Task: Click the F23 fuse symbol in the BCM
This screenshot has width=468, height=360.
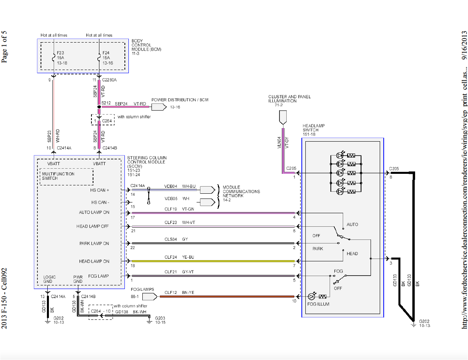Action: click(53, 58)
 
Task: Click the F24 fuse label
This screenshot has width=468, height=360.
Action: click(106, 53)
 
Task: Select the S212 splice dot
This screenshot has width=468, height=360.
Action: click(99, 107)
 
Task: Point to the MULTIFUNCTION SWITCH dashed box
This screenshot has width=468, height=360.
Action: click(67, 177)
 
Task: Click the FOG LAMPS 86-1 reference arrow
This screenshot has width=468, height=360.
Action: click(149, 297)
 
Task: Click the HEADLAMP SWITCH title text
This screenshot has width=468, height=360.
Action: click(313, 130)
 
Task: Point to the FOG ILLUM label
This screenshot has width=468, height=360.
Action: click(318, 304)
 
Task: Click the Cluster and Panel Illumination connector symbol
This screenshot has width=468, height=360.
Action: click(283, 117)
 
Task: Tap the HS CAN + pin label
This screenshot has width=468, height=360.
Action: click(100, 190)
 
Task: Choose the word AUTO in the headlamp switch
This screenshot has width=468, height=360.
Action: click(352, 224)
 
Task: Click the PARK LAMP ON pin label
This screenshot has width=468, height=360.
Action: click(94, 243)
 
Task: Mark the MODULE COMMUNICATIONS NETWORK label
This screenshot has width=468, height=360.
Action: click(241, 191)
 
